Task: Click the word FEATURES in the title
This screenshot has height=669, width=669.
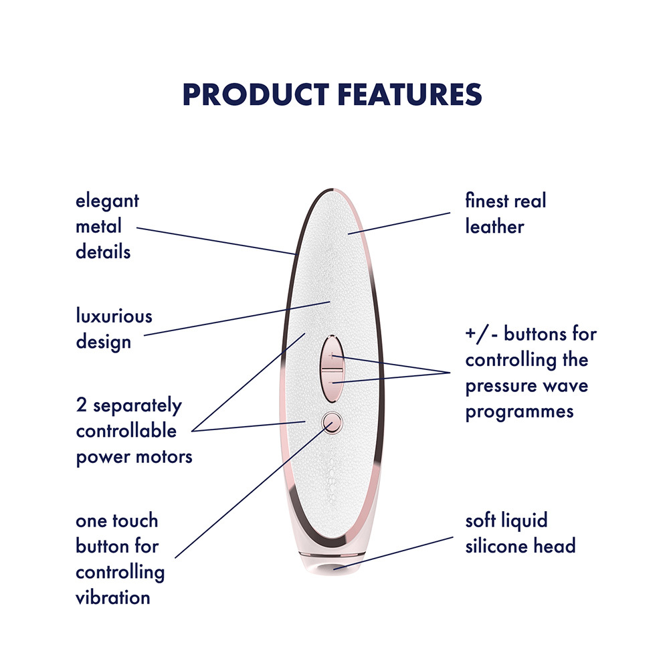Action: point(410,94)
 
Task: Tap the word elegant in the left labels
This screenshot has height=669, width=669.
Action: point(107,201)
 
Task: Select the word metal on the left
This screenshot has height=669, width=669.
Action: point(98,226)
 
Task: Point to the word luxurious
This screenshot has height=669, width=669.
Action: point(114,316)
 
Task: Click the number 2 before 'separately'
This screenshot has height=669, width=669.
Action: point(81,405)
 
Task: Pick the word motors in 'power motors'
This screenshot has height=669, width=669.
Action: point(164,457)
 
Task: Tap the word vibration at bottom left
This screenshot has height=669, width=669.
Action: point(112,597)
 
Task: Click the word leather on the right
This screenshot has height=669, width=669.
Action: point(494,227)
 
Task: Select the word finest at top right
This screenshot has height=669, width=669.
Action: point(486,201)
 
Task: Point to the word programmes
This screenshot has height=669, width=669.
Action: point(519,412)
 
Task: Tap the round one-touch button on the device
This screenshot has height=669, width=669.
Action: point(332,422)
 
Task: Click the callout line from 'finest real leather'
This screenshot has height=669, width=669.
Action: point(399,223)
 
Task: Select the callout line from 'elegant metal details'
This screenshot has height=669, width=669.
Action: point(216,241)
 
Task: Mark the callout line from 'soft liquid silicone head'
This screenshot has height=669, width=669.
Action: point(393,553)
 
